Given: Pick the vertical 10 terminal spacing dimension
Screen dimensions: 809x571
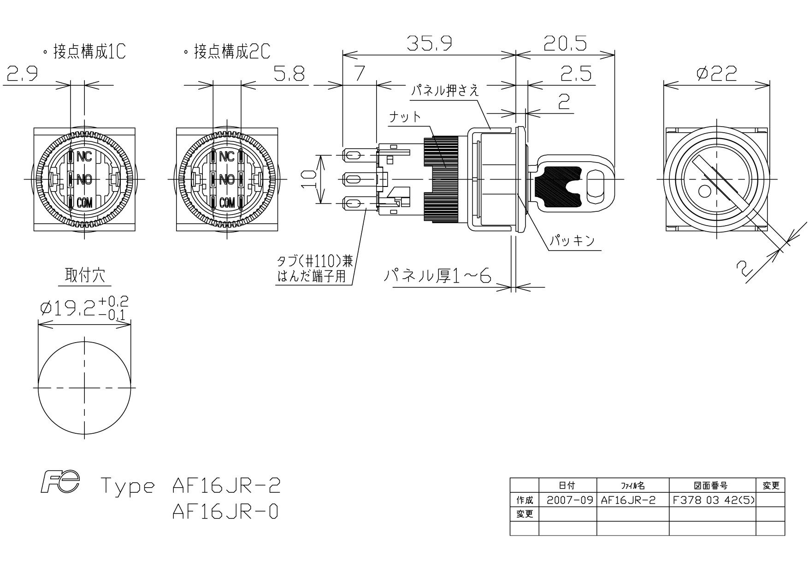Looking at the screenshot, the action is tap(308, 179).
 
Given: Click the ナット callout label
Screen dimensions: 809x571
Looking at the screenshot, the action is tap(405, 117).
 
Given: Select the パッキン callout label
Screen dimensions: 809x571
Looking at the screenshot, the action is tap(572, 240).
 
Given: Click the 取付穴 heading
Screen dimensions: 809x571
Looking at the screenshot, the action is tap(85, 275).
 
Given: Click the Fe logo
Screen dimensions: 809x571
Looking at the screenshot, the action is tap(60, 482).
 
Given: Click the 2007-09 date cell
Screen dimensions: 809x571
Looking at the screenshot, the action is tap(569, 500).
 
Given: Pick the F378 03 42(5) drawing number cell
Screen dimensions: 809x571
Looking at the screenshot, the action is tap(713, 500).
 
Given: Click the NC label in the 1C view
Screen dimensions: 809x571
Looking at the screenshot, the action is tap(84, 157).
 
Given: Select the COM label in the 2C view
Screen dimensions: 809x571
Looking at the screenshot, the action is tap(227, 202).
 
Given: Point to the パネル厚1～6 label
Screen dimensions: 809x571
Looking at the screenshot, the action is tap(438, 276).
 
